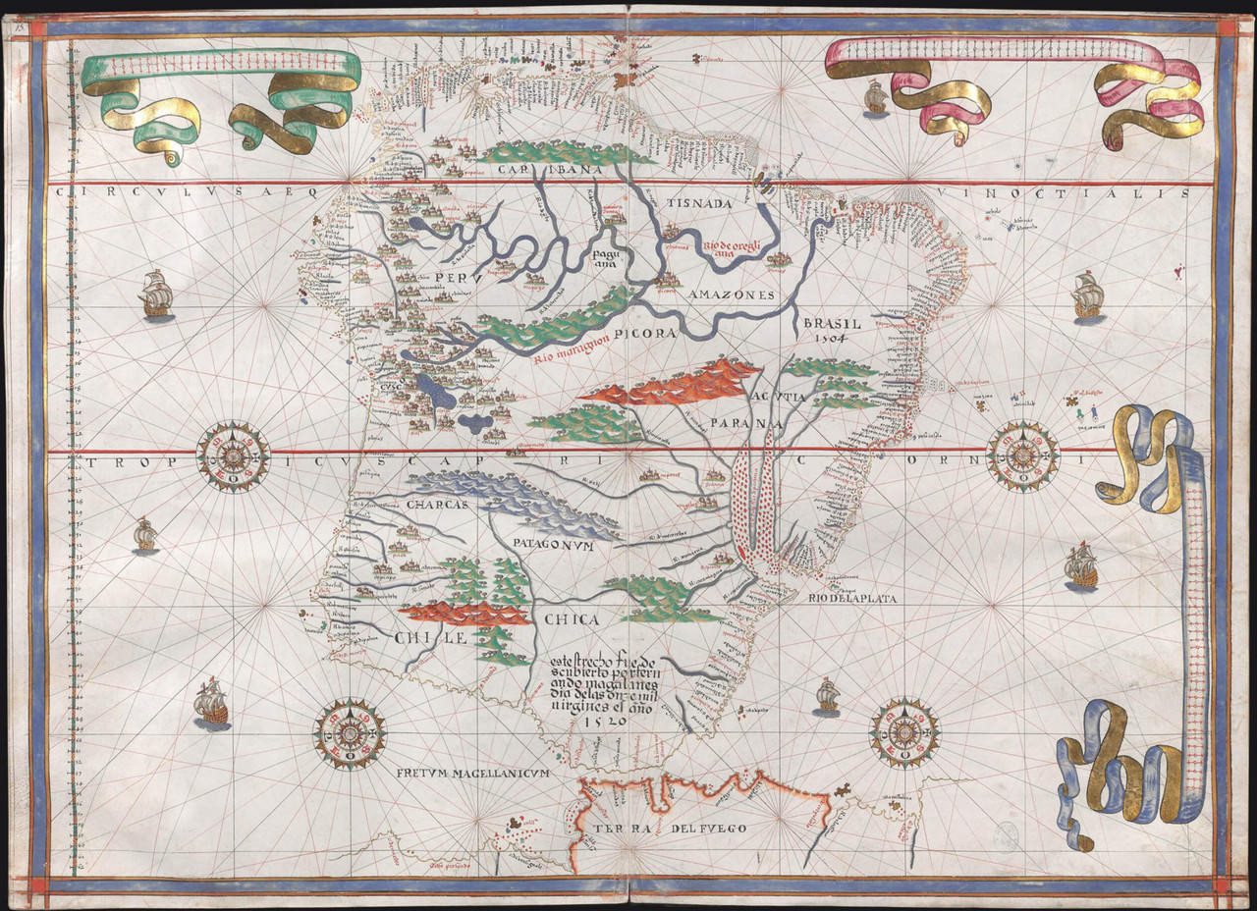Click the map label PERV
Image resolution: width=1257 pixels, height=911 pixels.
coord(452,278)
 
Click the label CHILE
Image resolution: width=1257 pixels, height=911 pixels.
coord(429,639)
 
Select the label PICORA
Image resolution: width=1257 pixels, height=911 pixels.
coord(647,334)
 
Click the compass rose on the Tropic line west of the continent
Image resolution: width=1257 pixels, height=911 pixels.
coord(233,456)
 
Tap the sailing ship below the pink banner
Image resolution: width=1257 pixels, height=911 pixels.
coord(874,98)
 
